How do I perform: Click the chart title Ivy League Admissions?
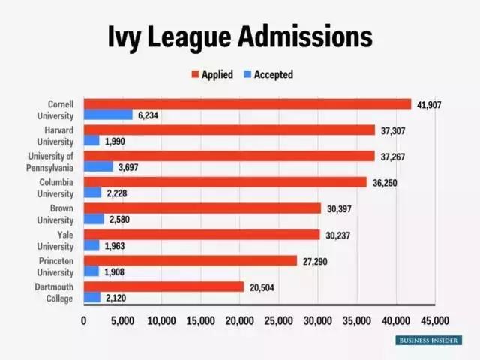click(240, 35)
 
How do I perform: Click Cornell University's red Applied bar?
click(247, 104)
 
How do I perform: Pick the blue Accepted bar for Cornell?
click(108, 115)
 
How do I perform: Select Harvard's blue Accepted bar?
click(91, 141)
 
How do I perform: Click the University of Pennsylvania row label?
click(50, 161)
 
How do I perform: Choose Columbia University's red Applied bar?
click(225, 182)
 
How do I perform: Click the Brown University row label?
click(55, 214)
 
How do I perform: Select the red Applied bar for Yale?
click(202, 234)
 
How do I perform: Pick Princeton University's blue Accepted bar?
click(91, 271)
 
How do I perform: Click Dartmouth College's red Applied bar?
click(163, 286)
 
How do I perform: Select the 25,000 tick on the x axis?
click(279, 320)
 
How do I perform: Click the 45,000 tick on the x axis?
click(435, 320)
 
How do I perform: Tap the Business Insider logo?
click(429, 340)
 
